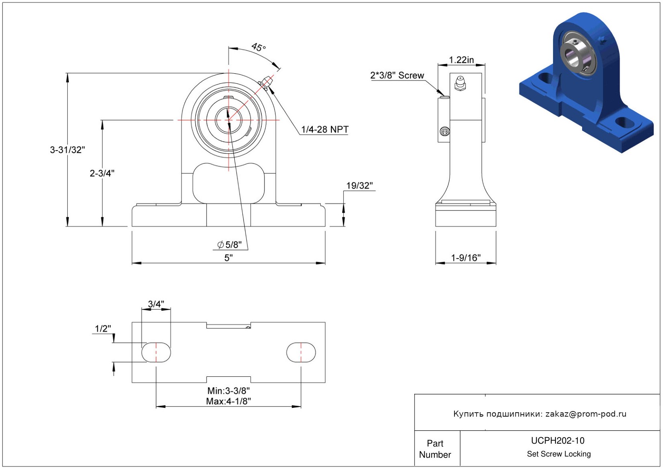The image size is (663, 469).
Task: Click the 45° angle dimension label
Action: coord(258,48)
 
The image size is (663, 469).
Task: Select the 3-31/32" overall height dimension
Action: coord(67,150)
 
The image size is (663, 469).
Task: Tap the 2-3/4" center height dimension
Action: coord(102,173)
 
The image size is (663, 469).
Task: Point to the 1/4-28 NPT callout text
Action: coord(324,130)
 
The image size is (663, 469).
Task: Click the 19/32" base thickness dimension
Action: coord(359,186)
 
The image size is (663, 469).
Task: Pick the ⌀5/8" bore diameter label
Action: coord(229,245)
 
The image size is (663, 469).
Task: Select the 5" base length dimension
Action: coord(228,258)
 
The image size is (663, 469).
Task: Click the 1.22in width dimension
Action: coord(461,60)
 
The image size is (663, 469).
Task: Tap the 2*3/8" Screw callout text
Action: coord(397,75)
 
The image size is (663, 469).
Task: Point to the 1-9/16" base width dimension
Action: coord(465,258)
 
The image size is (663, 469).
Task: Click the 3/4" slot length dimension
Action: coord(156,304)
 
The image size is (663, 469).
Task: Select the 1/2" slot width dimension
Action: coord(103,329)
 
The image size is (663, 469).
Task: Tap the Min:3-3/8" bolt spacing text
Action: coord(228,390)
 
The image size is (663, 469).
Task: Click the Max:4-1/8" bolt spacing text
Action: coord(228,401)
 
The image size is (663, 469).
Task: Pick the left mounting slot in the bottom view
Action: coord(156,352)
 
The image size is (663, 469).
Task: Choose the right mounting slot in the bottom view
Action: coord(301,352)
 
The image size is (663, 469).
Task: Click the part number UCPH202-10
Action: coord(558,440)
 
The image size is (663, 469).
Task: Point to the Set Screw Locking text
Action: coord(559,454)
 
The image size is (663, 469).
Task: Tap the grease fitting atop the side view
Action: coord(460,83)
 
